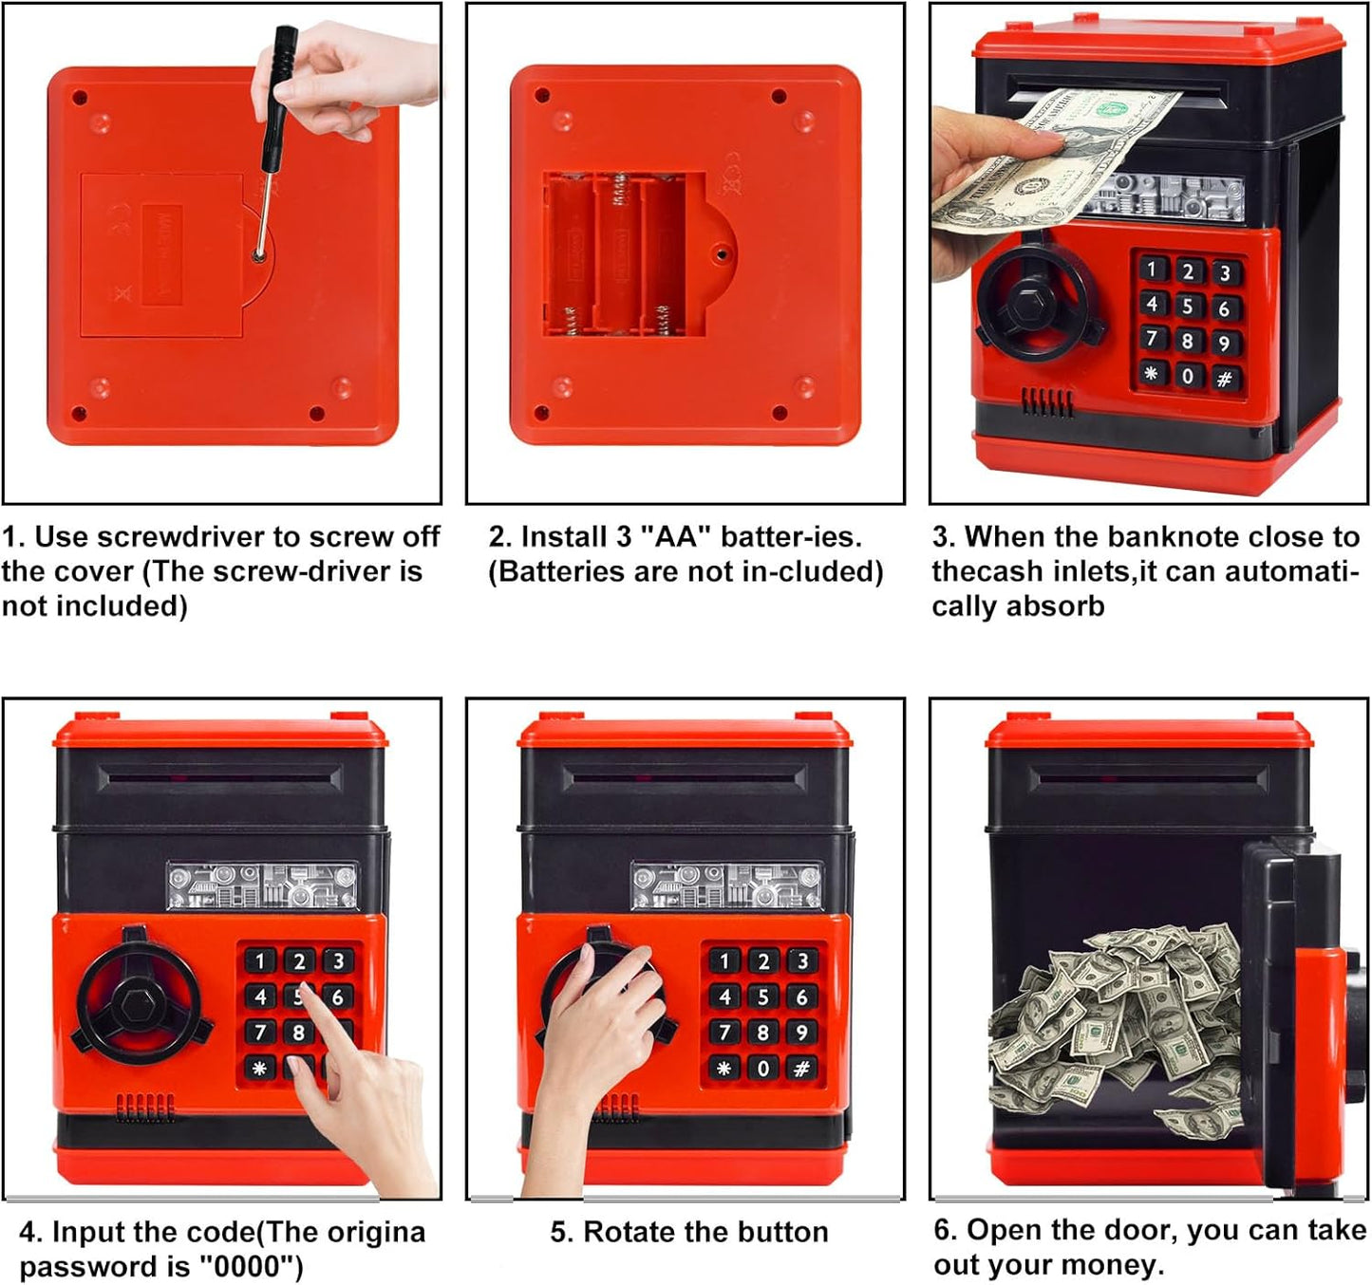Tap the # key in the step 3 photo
[x=1224, y=379]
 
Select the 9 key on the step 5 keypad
[x=801, y=1033]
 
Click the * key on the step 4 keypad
[x=259, y=1068]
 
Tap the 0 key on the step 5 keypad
[x=762, y=1068]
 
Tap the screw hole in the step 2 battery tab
[x=722, y=253]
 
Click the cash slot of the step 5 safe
[x=684, y=777]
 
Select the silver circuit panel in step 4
[x=262, y=885]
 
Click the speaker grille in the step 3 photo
[x=1047, y=401]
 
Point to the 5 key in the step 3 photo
[x=1188, y=306]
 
